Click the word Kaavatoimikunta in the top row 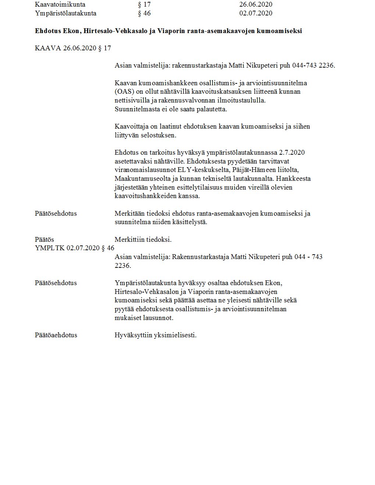pyautogui.click(x=60, y=5)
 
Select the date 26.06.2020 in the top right pyautogui.click(x=256, y=5)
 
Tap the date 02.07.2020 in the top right pyautogui.click(x=256, y=14)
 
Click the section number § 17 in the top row pyautogui.click(x=144, y=5)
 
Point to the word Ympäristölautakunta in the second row pyautogui.click(x=65, y=14)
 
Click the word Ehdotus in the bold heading pyautogui.click(x=48, y=31)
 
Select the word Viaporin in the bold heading pyautogui.click(x=169, y=31)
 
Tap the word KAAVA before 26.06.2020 pyautogui.click(x=48, y=48)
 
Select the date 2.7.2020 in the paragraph pyautogui.click(x=292, y=152)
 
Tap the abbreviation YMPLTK pyautogui.click(x=50, y=248)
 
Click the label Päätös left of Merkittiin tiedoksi pyautogui.click(x=44, y=240)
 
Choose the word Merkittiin pyautogui.click(x=130, y=240)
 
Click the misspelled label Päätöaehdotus pyautogui.click(x=56, y=335)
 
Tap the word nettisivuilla pyautogui.click(x=133, y=100)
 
